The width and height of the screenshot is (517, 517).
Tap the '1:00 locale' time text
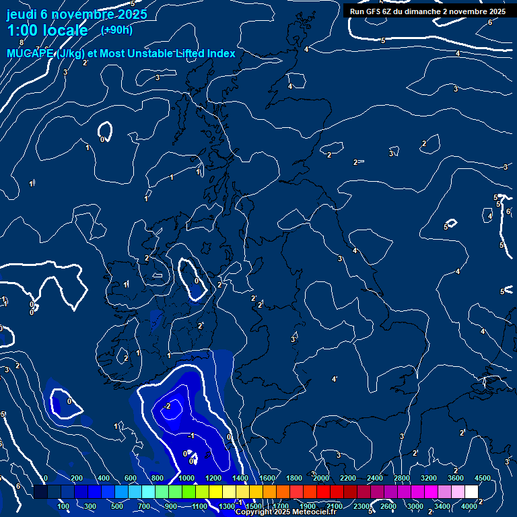[47, 30]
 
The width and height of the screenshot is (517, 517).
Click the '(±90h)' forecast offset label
[116, 30]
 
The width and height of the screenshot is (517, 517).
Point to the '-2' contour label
[168, 406]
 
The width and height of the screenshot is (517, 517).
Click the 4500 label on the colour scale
[482, 478]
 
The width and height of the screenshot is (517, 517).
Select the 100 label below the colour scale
[64, 506]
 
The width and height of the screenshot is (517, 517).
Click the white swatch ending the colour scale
[471, 492]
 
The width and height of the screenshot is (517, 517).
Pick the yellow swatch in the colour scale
[229, 492]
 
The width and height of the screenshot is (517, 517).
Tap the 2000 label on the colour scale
[321, 478]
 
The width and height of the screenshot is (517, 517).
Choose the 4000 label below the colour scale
[469, 506]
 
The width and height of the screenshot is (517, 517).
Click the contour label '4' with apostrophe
[334, 379]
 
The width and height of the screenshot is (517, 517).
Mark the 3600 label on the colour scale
[456, 478]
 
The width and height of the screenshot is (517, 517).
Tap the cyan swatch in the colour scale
[148, 492]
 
